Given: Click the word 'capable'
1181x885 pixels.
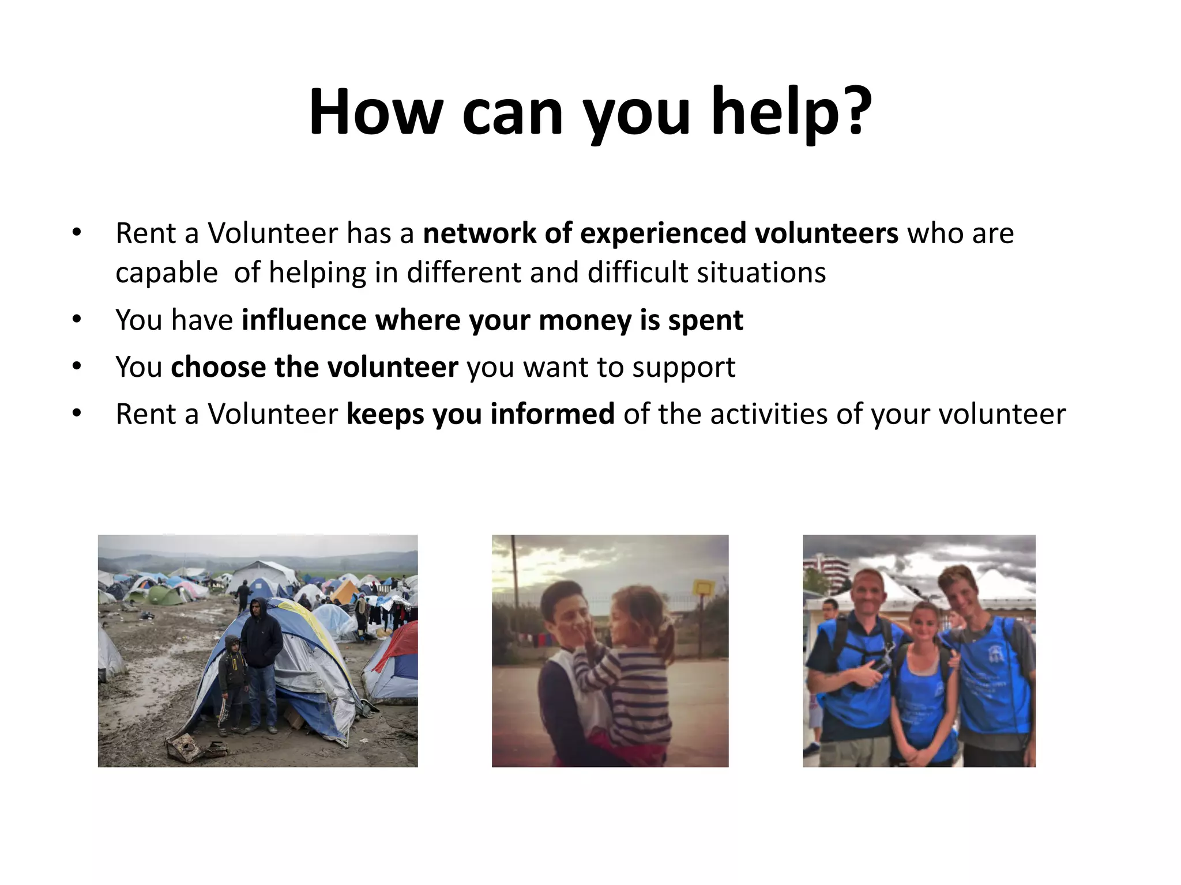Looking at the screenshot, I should coord(167,273).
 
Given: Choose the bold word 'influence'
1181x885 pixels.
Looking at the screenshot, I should coord(304,320).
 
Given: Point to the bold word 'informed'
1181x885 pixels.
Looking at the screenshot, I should coord(552,414).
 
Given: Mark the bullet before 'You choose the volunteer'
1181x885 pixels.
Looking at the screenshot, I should coord(77,367).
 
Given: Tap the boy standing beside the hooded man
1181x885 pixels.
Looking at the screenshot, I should coord(232,680).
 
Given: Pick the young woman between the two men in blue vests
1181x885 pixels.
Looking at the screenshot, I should coord(925,680).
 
